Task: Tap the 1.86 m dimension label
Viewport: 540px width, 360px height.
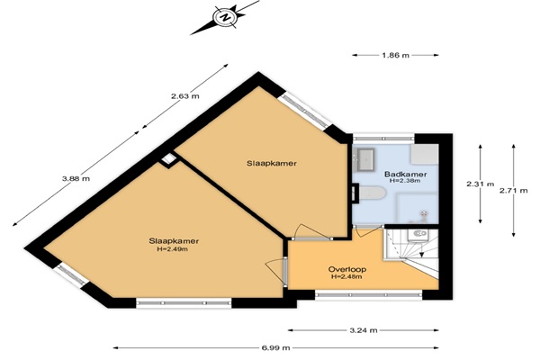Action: coord(395,55)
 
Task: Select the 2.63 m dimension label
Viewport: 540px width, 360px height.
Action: coord(184,96)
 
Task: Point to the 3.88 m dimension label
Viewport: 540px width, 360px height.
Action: coord(76,178)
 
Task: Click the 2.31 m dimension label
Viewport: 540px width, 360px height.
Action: coord(481,184)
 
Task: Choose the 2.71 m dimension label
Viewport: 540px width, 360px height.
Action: coord(514,190)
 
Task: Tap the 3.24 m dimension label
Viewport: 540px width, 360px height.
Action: coord(364,330)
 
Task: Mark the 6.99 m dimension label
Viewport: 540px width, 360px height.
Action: coord(276,348)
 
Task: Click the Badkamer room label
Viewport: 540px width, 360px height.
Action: coord(406,175)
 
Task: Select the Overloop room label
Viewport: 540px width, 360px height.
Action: coord(347,269)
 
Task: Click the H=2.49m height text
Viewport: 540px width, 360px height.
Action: coord(172,249)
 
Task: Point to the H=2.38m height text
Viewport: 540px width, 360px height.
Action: coord(405,181)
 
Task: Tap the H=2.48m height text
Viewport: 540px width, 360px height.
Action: coord(346,276)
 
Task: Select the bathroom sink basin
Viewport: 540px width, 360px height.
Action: coord(365,159)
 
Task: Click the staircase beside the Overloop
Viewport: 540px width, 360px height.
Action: coord(411,251)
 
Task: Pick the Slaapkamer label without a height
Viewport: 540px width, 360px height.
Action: coord(272,163)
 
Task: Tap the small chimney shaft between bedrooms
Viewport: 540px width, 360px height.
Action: coord(168,159)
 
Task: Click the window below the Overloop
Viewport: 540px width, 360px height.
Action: coord(368,295)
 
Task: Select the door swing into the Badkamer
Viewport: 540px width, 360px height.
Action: coord(367,231)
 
